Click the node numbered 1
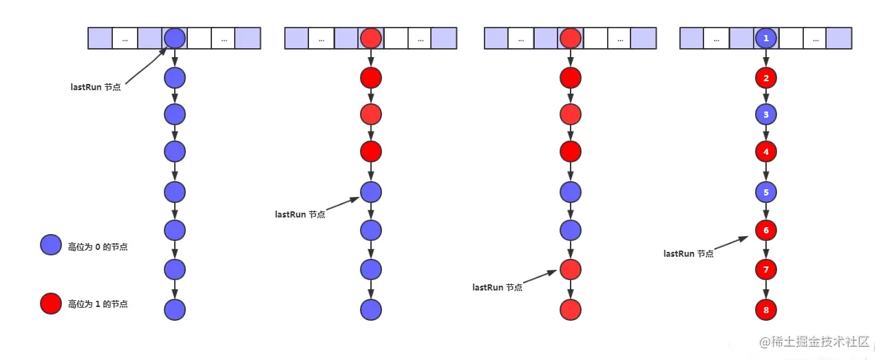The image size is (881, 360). pyautogui.click(x=766, y=38)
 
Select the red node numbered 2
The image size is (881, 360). pyautogui.click(x=766, y=78)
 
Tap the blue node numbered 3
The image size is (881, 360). pyautogui.click(x=766, y=114)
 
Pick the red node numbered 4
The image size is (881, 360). pyautogui.click(x=766, y=151)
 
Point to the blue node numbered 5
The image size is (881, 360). pyautogui.click(x=766, y=193)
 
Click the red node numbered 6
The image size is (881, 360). pyautogui.click(x=766, y=230)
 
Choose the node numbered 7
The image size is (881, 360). pyautogui.click(x=766, y=270)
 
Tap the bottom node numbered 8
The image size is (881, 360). pyautogui.click(x=766, y=310)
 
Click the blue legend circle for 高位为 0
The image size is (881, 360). pyautogui.click(x=51, y=245)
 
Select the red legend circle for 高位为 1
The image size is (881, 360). pyautogui.click(x=51, y=304)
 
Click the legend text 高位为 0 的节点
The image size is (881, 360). pyautogui.click(x=98, y=247)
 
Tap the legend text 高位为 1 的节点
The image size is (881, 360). pyautogui.click(x=98, y=304)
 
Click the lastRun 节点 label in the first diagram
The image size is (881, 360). pyautogui.click(x=96, y=87)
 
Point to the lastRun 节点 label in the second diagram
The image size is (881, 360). pyautogui.click(x=300, y=215)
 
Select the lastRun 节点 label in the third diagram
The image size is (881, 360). pyautogui.click(x=498, y=288)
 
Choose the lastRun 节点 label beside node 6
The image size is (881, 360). pyautogui.click(x=689, y=254)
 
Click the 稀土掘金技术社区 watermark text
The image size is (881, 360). pyautogui.click(x=820, y=342)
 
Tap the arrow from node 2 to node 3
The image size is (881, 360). pyautogui.click(x=766, y=96)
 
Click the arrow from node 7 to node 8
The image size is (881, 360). pyautogui.click(x=766, y=290)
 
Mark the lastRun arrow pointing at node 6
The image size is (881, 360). pyautogui.click(x=731, y=243)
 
